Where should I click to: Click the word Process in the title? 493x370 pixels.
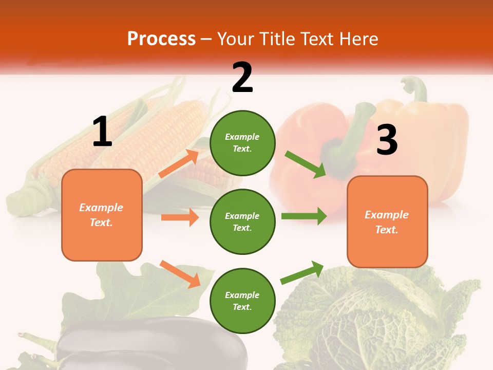[x=161, y=39]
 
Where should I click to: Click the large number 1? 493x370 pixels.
[x=102, y=132]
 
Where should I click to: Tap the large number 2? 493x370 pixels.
[x=242, y=78]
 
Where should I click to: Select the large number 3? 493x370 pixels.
[x=387, y=140]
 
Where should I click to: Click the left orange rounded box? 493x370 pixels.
[x=102, y=215]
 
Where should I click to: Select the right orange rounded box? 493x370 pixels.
[x=387, y=221]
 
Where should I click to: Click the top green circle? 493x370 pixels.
[x=242, y=143]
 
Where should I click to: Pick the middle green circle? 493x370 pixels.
[x=242, y=221]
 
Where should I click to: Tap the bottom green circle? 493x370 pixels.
[x=242, y=301]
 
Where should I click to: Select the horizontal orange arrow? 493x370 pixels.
[x=180, y=217]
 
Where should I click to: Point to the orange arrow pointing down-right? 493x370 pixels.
[x=180, y=273]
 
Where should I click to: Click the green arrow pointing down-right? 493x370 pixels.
[x=306, y=164]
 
